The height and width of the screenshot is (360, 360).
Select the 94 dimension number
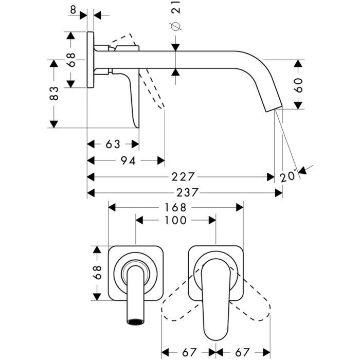pos(128,160)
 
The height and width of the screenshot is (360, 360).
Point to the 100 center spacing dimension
pos(175,220)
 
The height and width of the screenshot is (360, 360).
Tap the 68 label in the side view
pos(71,60)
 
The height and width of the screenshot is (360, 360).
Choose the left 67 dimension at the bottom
pos(189,353)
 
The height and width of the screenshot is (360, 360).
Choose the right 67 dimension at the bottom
pos(242,353)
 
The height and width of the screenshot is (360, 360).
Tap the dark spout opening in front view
pos(136,321)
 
